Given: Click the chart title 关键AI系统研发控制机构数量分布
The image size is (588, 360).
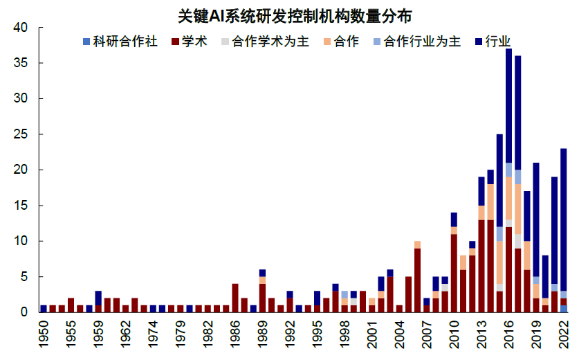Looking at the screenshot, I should (293, 15).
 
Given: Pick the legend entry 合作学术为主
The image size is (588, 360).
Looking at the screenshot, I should (264, 42).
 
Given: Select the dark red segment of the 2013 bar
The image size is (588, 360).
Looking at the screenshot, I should (481, 266).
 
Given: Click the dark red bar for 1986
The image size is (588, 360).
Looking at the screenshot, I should (235, 298).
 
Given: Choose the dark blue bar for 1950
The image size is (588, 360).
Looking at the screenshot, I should (44, 309).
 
